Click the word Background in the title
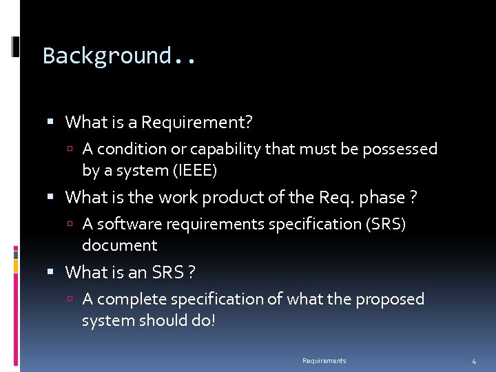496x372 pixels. (106, 55)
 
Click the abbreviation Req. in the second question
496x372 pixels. (336, 198)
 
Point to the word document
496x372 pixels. (119, 245)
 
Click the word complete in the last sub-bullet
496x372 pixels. (126, 299)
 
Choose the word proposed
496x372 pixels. (391, 299)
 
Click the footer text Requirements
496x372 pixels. (324, 361)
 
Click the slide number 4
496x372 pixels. (473, 362)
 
